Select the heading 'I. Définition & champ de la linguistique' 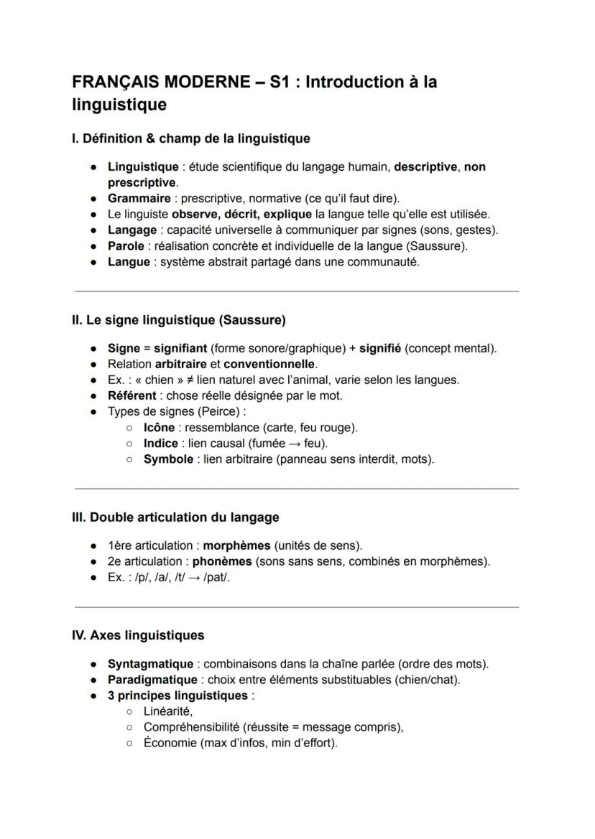coord(191,138)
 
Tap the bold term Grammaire coord(139,198)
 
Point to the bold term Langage coord(132,230)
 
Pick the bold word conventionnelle coord(269,364)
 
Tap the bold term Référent coord(132,395)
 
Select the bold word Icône coord(159,427)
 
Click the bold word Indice coord(160,443)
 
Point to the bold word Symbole coord(168,459)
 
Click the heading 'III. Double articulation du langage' coord(175,517)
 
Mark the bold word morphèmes coord(237,545)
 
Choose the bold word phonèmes coord(222,561)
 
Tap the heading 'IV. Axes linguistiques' coord(138,635)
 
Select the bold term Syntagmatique coord(150,664)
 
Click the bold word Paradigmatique coord(152,680)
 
